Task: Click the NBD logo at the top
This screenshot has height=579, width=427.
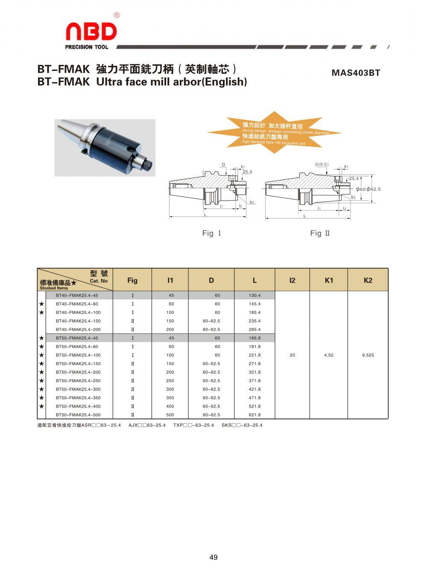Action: click(91, 32)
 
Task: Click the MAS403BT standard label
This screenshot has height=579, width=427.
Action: click(355, 73)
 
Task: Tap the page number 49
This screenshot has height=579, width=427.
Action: click(213, 557)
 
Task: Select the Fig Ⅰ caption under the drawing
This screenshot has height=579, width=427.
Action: click(211, 233)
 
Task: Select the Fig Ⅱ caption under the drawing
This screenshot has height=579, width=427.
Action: click(320, 233)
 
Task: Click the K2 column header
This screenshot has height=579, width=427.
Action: click(368, 280)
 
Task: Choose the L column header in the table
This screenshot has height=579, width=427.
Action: click(254, 280)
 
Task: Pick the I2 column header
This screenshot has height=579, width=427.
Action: click(292, 280)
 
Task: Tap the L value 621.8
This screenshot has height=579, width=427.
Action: click(254, 415)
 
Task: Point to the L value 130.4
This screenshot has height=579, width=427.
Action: click(254, 295)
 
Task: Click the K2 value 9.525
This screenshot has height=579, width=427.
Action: click(368, 355)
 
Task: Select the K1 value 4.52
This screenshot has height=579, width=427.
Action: click(328, 355)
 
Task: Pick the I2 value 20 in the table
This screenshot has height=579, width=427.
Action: click(292, 355)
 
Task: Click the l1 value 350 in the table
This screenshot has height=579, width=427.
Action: click(170, 398)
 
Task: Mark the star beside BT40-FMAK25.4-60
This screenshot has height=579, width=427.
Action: click(41, 304)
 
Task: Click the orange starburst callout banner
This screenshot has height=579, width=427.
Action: click(275, 132)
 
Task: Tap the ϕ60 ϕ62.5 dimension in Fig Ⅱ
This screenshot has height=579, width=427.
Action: click(368, 189)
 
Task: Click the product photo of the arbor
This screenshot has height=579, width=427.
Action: click(105, 147)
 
